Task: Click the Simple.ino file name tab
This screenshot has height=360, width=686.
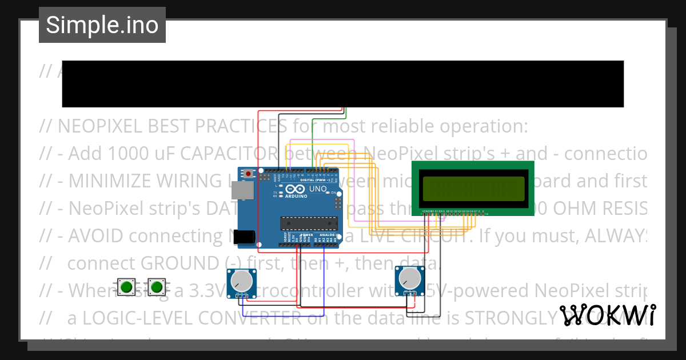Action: point(102,25)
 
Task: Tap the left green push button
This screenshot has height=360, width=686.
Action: point(126,287)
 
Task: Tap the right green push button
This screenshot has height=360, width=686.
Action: point(156,287)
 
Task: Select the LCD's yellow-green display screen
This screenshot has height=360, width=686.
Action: point(473,189)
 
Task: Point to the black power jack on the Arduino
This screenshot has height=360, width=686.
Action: point(246,237)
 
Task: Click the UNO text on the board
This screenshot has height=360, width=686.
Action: point(318,189)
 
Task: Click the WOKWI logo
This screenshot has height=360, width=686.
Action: point(607,315)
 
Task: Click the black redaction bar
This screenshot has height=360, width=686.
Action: point(343,83)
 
